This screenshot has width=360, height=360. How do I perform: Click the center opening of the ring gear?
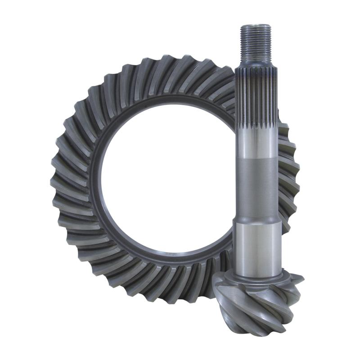click(166, 180)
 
